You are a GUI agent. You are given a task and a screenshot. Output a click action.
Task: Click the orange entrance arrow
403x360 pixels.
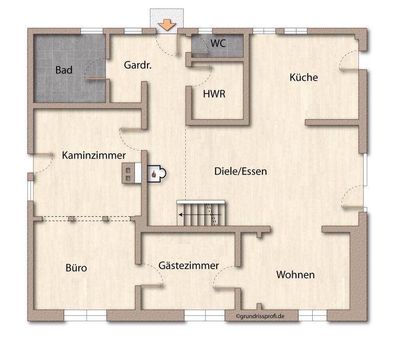click(x=167, y=25)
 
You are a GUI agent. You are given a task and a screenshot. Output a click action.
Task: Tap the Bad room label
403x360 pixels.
click(x=63, y=70)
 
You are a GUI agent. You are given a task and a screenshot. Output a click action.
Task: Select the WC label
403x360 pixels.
click(x=218, y=43)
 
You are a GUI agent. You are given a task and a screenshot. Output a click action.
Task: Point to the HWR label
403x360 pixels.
click(x=214, y=94)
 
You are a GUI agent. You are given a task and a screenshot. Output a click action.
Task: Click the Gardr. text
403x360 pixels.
click(x=137, y=65)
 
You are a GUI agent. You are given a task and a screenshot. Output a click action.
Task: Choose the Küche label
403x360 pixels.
click(x=303, y=77)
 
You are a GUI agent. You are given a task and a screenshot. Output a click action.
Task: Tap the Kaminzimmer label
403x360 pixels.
click(x=94, y=155)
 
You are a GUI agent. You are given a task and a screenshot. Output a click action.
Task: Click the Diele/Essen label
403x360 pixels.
click(x=240, y=171)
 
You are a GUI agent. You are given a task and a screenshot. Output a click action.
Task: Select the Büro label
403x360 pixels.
click(x=76, y=268)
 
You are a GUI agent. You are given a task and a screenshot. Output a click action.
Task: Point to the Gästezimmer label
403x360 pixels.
click(x=189, y=265)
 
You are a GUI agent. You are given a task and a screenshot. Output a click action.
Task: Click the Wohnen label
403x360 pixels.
click(x=295, y=274)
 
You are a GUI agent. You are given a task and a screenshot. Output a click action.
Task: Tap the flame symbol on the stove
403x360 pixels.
click(x=154, y=174)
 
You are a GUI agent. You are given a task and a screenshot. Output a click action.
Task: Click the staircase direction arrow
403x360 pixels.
click(x=200, y=215)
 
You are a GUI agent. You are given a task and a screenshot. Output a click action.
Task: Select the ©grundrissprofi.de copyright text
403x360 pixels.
click(x=260, y=316)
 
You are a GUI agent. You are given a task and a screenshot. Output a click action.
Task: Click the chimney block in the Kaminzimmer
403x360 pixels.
click(x=132, y=173)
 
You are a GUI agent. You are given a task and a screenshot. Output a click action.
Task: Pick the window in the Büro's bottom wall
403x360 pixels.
click(x=85, y=315)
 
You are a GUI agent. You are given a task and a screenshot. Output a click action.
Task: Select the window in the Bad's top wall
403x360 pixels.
click(x=92, y=31)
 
